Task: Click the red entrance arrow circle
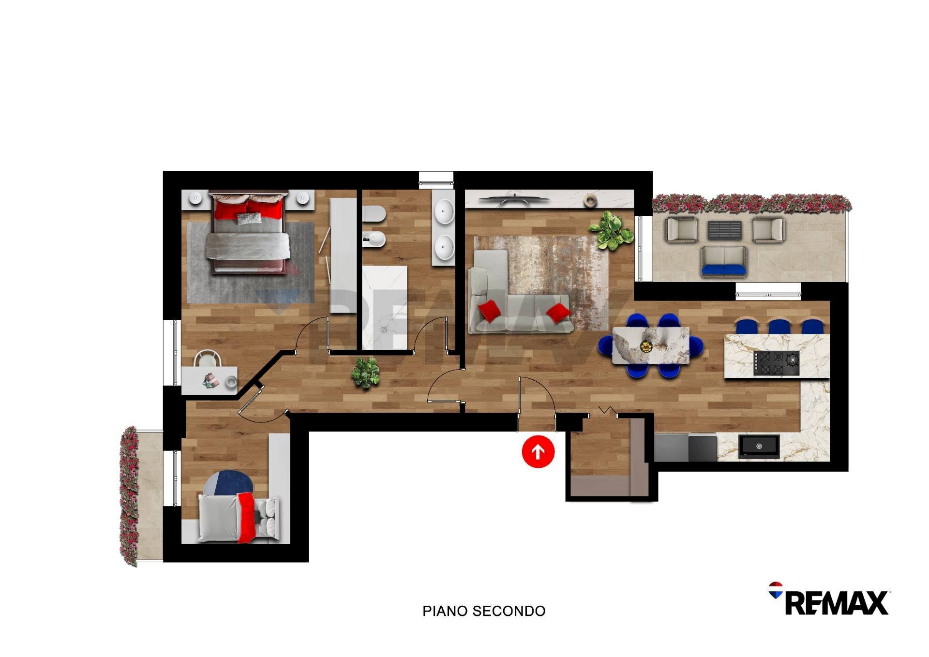(538, 451)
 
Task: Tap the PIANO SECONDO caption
(484, 611)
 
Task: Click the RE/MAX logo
(830, 600)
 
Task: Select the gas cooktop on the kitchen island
(776, 363)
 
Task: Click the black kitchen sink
(759, 446)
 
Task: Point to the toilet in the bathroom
(374, 215)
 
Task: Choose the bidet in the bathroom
(375, 239)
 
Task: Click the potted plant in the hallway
(366, 372)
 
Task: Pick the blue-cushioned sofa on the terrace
(724, 261)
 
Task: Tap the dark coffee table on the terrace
(724, 230)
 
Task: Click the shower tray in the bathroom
(384, 307)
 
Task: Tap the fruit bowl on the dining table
(646, 346)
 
